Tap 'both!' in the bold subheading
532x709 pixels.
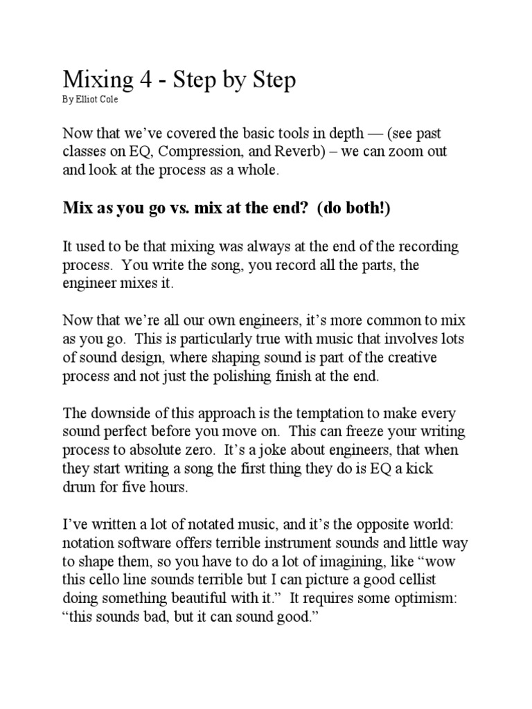365,208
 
